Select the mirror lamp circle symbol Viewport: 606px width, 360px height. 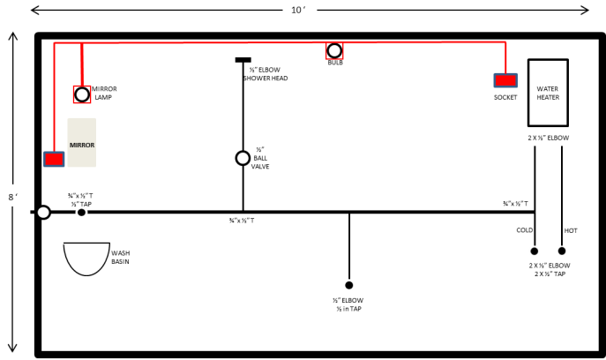pyautogui.click(x=82, y=88)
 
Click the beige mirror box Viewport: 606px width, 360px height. pyautogui.click(x=81, y=142)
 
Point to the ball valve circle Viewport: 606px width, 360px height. pyautogui.click(x=243, y=152)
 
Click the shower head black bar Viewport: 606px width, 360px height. pyautogui.click(x=243, y=60)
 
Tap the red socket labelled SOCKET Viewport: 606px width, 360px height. pyautogui.click(x=505, y=80)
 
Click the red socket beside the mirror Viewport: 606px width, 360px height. pyautogui.click(x=54, y=159)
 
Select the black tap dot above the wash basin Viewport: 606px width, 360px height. pyautogui.click(x=81, y=213)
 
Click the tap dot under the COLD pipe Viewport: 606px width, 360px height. pyautogui.click(x=535, y=251)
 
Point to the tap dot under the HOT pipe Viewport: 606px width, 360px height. pyautogui.click(x=562, y=251)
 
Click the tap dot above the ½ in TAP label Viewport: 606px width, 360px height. pyautogui.click(x=349, y=285)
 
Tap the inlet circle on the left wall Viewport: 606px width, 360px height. pyautogui.click(x=44, y=206)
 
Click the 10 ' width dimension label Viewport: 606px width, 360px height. pyautogui.click(x=298, y=10)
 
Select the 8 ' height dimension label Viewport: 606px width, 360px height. pyautogui.click(x=12, y=198)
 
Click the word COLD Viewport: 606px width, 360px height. pyautogui.click(x=525, y=230)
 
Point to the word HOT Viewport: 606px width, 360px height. pyautogui.click(x=571, y=231)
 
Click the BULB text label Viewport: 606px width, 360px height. pyautogui.click(x=335, y=63)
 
